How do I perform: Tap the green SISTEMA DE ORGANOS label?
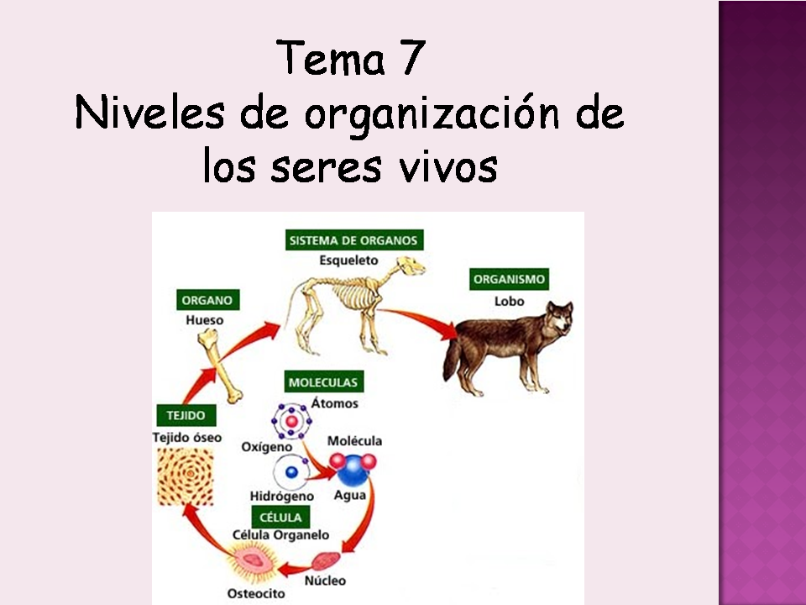tap(353, 240)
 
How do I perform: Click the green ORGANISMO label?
tap(509, 279)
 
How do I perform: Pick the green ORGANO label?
tap(205, 300)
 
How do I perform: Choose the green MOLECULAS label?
tap(323, 381)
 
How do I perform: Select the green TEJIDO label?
tap(186, 415)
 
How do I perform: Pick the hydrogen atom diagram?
tap(291, 472)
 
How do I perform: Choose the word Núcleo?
tap(326, 581)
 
